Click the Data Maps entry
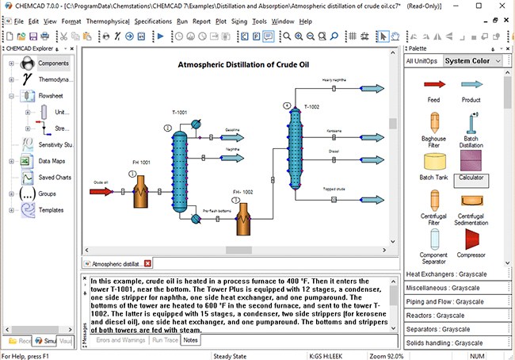pyautogui.click(x=52, y=161)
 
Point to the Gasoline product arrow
pyautogui.click(x=233, y=137)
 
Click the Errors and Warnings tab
pyautogui.click(x=120, y=340)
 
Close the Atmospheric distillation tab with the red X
pyautogui.click(x=147, y=263)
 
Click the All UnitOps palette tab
pyautogui.click(x=422, y=61)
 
